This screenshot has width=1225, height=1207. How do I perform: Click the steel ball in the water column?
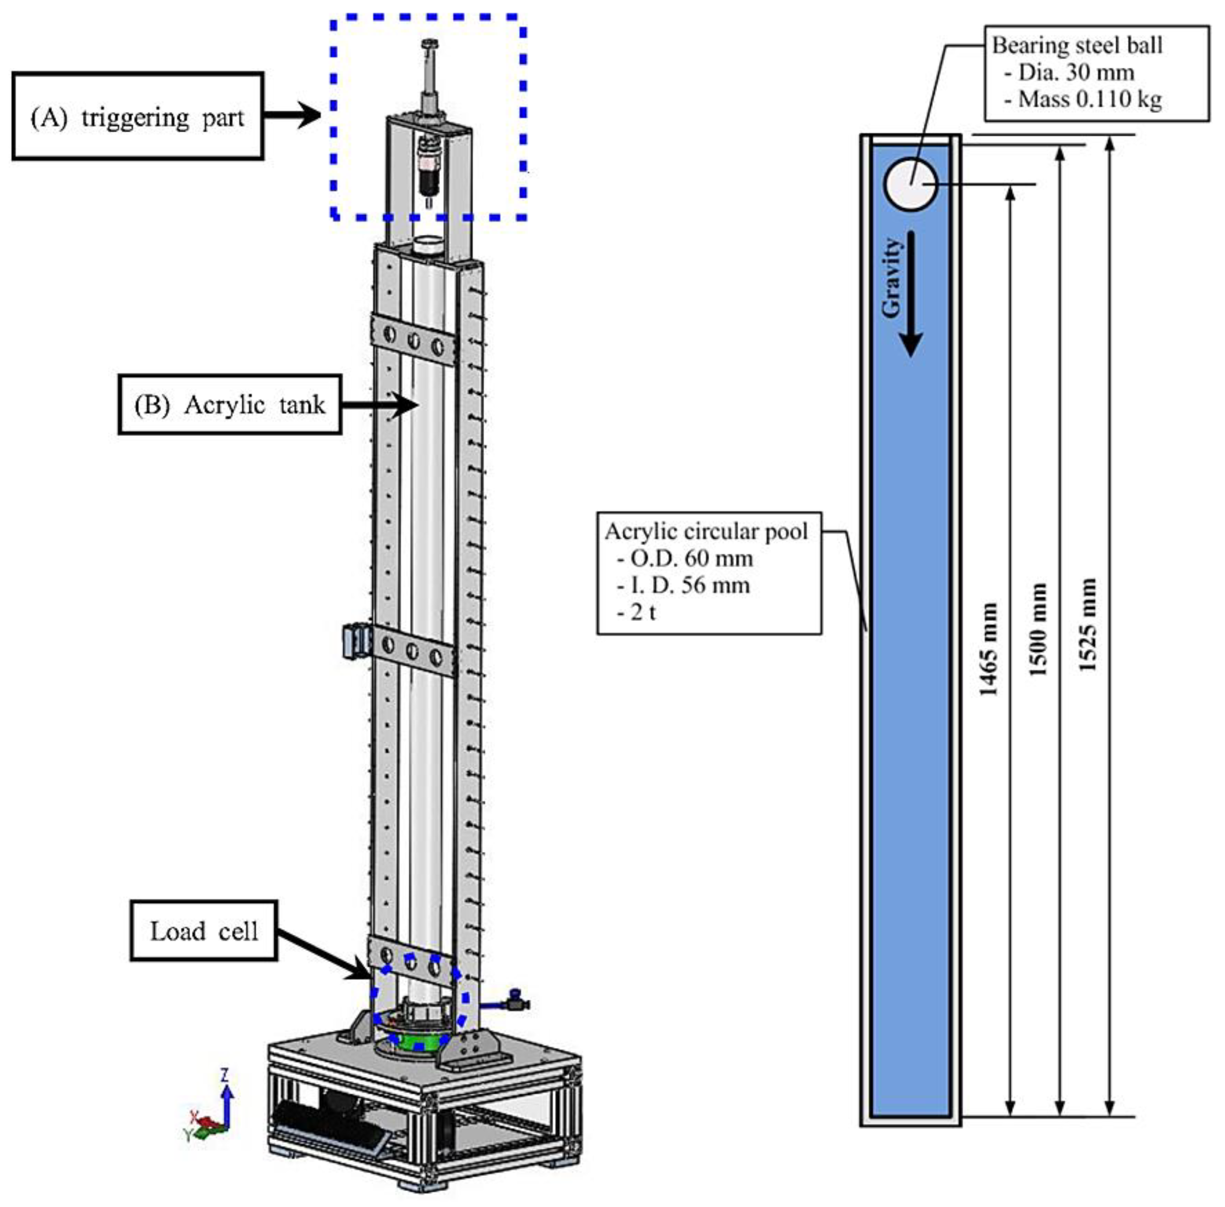pos(911,184)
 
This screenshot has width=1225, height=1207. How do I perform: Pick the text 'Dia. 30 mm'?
pos(1076,72)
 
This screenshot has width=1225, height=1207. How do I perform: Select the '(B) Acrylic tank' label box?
pos(229,404)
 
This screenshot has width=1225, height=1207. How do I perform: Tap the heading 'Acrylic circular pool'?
pos(706,531)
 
